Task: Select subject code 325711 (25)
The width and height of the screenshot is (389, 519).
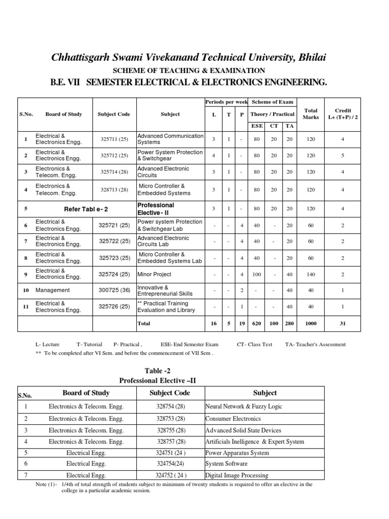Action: pos(113,139)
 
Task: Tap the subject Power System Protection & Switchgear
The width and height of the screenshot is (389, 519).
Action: pos(170,156)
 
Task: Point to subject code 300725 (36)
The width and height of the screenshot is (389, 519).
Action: pos(114,290)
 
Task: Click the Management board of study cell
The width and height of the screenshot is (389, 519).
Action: pos(53,290)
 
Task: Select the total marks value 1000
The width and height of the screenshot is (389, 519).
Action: pos(310,323)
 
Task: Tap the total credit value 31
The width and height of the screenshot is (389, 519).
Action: pos(343,323)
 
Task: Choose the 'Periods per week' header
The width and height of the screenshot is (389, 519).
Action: pos(226,102)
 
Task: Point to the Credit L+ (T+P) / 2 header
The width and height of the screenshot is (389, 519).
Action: pos(343,114)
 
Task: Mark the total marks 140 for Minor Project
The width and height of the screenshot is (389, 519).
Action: pos(310,274)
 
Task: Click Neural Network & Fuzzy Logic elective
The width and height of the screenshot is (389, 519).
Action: pos(244,406)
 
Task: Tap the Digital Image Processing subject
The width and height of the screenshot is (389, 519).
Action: pos(237,475)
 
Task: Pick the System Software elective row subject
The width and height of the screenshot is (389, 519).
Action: pos(226,463)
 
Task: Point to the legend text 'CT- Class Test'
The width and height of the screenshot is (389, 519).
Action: pos(254,344)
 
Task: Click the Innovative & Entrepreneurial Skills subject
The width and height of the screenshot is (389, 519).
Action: pos(165,290)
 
